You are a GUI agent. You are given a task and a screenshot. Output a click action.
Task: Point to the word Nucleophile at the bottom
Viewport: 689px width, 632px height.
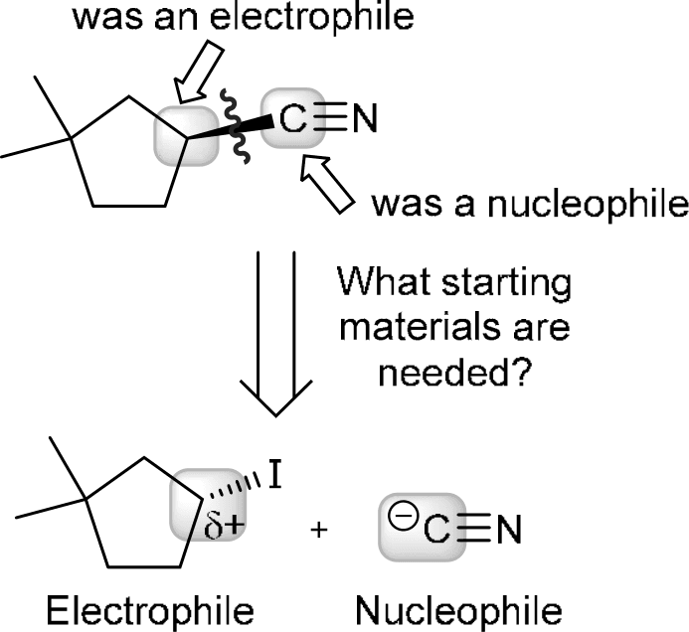[x=446, y=604]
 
